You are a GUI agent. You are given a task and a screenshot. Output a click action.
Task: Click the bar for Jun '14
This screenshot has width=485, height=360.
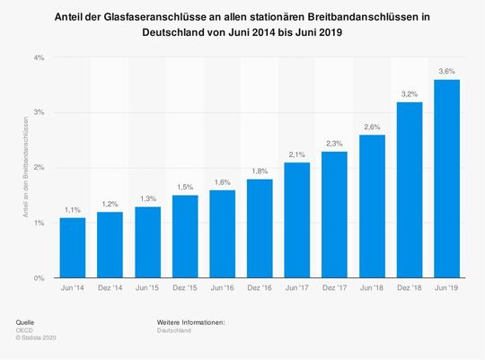click(x=73, y=248)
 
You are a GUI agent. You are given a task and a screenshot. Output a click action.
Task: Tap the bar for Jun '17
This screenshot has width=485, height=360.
click(x=297, y=220)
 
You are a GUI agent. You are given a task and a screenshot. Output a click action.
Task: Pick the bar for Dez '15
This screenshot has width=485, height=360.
click(x=185, y=237)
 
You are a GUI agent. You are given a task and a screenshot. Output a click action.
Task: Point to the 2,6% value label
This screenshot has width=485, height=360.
click(x=373, y=126)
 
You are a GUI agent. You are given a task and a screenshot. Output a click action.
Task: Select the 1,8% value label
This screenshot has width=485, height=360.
click(x=260, y=170)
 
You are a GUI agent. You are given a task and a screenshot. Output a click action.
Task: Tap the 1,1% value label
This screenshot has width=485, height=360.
click(x=73, y=209)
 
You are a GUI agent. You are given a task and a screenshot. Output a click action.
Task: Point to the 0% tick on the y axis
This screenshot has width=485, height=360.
click(x=40, y=278)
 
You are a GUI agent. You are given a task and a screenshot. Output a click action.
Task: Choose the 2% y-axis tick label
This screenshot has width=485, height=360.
click(x=40, y=168)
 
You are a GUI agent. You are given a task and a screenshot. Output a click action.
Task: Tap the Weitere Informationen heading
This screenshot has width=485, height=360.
click(x=190, y=320)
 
